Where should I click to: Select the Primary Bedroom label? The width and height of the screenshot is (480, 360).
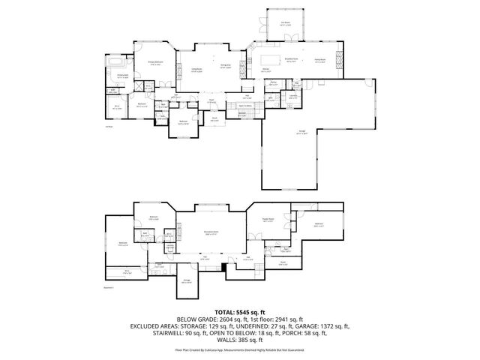tap(156, 64)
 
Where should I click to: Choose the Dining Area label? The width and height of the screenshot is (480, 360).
tap(224, 67)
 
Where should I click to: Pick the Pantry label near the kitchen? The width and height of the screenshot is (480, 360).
tap(274, 84)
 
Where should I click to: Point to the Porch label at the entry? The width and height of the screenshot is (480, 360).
tap(214, 118)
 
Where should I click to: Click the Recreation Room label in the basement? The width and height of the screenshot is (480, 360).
tap(211, 233)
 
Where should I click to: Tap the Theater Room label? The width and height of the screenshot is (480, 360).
tap(267, 220)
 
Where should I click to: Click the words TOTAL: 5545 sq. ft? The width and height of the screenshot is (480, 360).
tap(239, 311)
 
